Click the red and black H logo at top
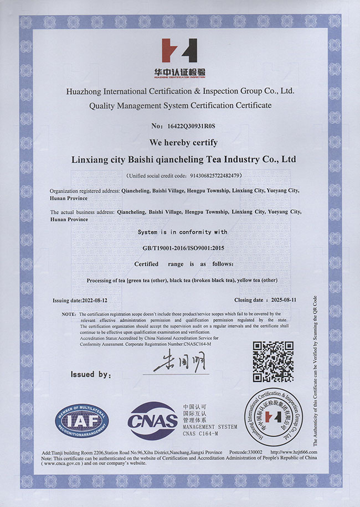click(179, 50)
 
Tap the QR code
click(273, 362)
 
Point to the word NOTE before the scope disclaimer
click(69, 314)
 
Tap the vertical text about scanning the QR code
click(315, 370)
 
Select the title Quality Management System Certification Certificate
click(181, 105)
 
